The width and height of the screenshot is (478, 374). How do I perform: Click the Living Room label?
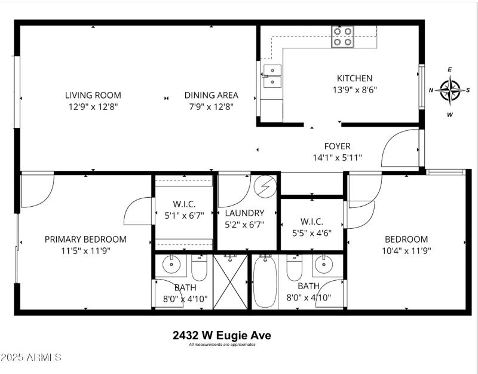(x=93, y=95)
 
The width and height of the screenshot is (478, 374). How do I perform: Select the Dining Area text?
(x=211, y=95)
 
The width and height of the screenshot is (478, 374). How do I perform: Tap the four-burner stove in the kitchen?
(x=343, y=36)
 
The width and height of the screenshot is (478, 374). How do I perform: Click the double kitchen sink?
(x=272, y=76)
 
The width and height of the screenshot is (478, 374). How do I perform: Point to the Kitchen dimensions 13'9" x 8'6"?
(x=354, y=90)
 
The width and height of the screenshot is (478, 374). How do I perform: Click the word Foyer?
(x=337, y=146)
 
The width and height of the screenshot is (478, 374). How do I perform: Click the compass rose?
(x=449, y=90)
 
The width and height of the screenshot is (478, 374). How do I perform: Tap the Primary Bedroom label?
(x=85, y=239)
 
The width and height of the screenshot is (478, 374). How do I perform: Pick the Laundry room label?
(x=244, y=213)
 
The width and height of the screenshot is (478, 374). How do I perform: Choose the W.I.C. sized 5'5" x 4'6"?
(x=311, y=228)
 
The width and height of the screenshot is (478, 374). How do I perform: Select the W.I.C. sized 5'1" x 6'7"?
(x=183, y=210)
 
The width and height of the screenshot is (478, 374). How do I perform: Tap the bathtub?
(x=264, y=282)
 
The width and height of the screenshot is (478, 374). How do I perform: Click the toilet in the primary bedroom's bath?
(x=199, y=269)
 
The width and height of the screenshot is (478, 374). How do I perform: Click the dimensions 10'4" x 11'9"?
(x=406, y=251)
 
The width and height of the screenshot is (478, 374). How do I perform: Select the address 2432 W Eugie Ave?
(x=222, y=335)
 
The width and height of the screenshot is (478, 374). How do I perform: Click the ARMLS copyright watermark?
(x=31, y=357)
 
